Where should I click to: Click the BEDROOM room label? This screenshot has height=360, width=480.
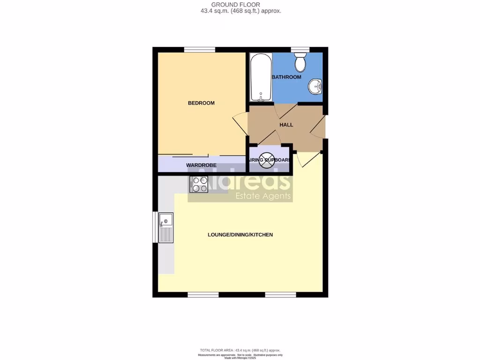click(201, 103)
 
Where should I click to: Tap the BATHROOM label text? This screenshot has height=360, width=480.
click(286, 77)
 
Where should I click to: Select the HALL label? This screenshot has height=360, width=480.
click(286, 125)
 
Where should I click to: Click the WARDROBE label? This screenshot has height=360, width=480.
click(201, 165)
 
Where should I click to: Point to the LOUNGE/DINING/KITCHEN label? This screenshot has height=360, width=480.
click(240, 235)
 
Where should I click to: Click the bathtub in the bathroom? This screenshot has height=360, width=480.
click(260, 78)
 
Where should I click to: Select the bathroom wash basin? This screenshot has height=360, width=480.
click(315, 87)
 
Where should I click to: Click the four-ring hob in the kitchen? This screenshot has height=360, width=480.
click(199, 184)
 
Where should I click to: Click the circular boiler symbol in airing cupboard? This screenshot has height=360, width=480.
click(266, 160)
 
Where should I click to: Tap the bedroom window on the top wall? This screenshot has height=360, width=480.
click(199, 50)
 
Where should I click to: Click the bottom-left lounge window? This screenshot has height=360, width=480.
click(203, 295)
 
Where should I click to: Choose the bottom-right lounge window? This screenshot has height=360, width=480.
click(280, 295)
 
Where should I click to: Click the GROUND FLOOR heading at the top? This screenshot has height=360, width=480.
click(240, 5)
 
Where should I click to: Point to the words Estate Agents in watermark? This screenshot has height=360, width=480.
click(263, 196)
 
